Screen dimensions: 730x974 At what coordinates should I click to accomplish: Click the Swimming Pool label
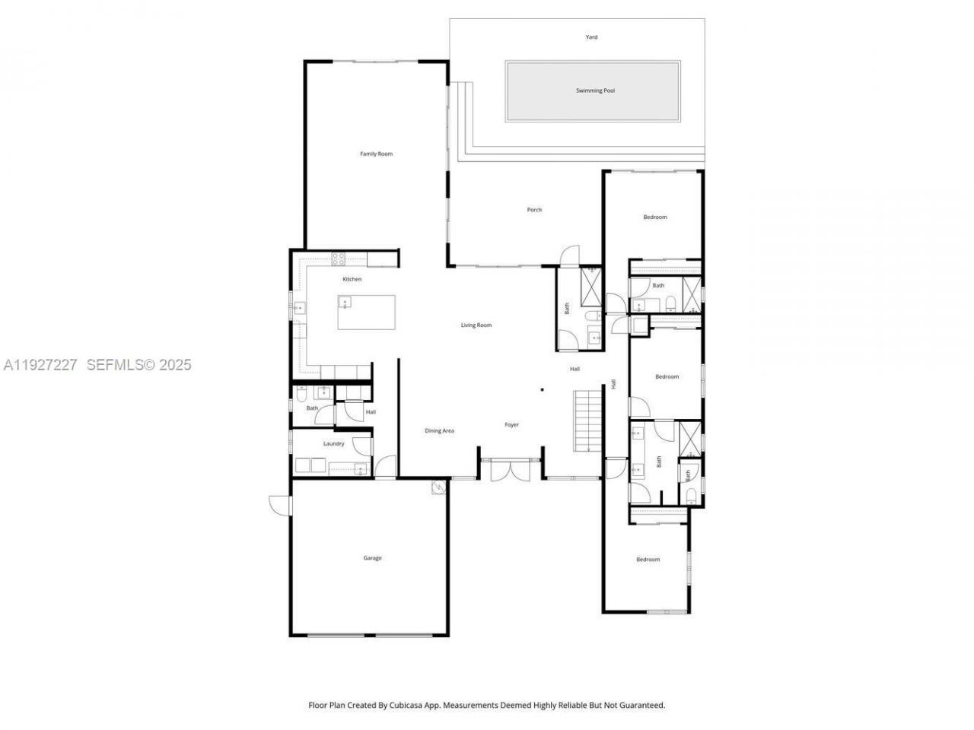click(594, 90)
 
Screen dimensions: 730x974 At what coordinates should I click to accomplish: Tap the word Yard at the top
click(591, 36)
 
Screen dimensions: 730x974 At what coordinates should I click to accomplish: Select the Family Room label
click(376, 154)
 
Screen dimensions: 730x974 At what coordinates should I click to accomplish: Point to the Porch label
click(534, 210)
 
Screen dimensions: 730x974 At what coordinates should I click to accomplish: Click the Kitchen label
click(352, 279)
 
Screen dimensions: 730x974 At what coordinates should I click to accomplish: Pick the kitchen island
click(368, 313)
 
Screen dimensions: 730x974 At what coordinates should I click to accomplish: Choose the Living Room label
click(476, 325)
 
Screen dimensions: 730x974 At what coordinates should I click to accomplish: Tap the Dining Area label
click(439, 431)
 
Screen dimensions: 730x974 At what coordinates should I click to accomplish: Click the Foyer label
click(511, 425)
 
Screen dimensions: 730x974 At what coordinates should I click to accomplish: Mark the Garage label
click(372, 558)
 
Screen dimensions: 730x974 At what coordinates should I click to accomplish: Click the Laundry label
click(333, 443)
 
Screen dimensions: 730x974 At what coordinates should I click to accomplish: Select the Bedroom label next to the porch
click(654, 217)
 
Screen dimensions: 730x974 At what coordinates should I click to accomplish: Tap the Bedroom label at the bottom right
click(648, 560)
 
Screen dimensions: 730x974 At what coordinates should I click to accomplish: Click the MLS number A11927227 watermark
click(41, 365)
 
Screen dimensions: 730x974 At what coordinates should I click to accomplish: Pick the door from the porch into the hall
click(568, 255)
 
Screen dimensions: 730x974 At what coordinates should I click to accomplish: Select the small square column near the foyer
click(542, 390)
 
